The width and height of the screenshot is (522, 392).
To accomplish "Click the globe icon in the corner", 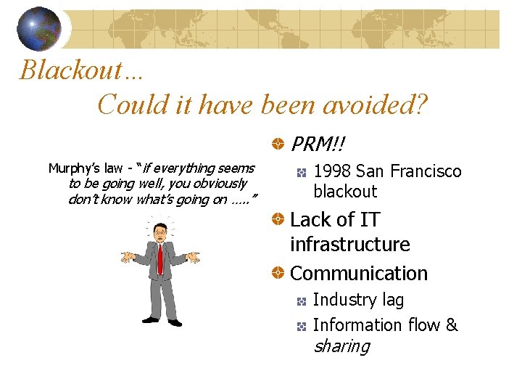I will (40, 29).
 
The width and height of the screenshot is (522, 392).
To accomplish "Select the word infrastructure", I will (349, 245).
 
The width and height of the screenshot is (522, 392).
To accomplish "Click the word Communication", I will (359, 274).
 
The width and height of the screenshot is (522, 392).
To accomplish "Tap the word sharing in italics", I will (341, 346).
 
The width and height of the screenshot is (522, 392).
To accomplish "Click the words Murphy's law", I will (84, 168).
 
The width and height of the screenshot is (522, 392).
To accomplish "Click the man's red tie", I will (160, 258).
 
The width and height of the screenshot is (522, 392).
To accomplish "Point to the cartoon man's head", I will (160, 233).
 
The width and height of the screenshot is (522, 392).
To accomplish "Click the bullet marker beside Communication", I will (278, 274).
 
